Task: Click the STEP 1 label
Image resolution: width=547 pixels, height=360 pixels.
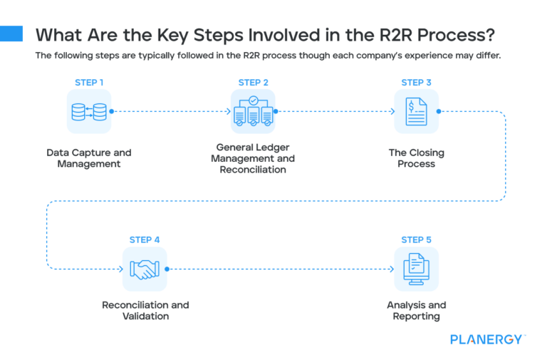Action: (x=89, y=83)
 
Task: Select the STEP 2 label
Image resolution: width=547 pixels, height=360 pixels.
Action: (x=253, y=83)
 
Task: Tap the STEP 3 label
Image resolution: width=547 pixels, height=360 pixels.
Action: (x=416, y=83)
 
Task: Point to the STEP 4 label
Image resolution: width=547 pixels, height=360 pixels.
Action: (x=145, y=240)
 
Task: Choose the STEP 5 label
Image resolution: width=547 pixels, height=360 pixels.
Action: (x=416, y=240)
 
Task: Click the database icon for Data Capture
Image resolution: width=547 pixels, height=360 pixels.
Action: (x=89, y=112)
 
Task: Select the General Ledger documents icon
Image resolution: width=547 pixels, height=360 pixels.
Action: (x=253, y=112)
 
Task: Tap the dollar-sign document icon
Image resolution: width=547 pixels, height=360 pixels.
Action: (x=416, y=112)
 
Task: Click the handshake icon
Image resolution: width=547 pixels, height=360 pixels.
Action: (x=145, y=269)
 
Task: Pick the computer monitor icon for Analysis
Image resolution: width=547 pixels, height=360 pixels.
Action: (x=416, y=269)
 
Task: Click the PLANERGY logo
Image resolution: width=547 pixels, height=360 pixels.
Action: (x=487, y=339)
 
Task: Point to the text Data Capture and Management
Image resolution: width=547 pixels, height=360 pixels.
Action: (x=89, y=158)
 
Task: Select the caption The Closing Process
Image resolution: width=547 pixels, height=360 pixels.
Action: (x=416, y=158)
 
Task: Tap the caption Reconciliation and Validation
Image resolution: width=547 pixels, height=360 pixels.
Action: (x=145, y=311)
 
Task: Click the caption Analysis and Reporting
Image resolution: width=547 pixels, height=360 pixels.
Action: (x=416, y=311)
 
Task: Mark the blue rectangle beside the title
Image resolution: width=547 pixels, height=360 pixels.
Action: (x=11, y=34)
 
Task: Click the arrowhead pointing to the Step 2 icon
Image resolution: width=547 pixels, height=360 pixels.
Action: (x=227, y=112)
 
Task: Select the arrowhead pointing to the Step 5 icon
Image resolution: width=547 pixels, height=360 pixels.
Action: (x=391, y=269)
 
